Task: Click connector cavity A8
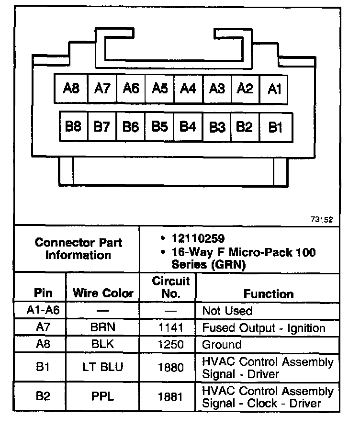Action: coord(71,89)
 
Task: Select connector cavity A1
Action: coord(274,89)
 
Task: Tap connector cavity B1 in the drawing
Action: coord(275,127)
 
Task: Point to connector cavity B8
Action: coord(73,127)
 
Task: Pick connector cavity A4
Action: coord(188,89)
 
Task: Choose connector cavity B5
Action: coord(159,127)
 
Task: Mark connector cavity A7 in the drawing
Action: coord(102,89)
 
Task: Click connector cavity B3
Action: coord(217,127)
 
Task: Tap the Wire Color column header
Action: coord(103,293)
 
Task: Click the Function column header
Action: coord(269,293)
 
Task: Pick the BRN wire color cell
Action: coord(103,328)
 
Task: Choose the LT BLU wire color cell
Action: coord(103,367)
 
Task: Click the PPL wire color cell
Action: coord(103,396)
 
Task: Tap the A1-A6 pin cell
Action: coord(43,311)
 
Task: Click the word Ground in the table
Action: coord(222,345)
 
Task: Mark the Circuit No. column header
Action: coord(170,287)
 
